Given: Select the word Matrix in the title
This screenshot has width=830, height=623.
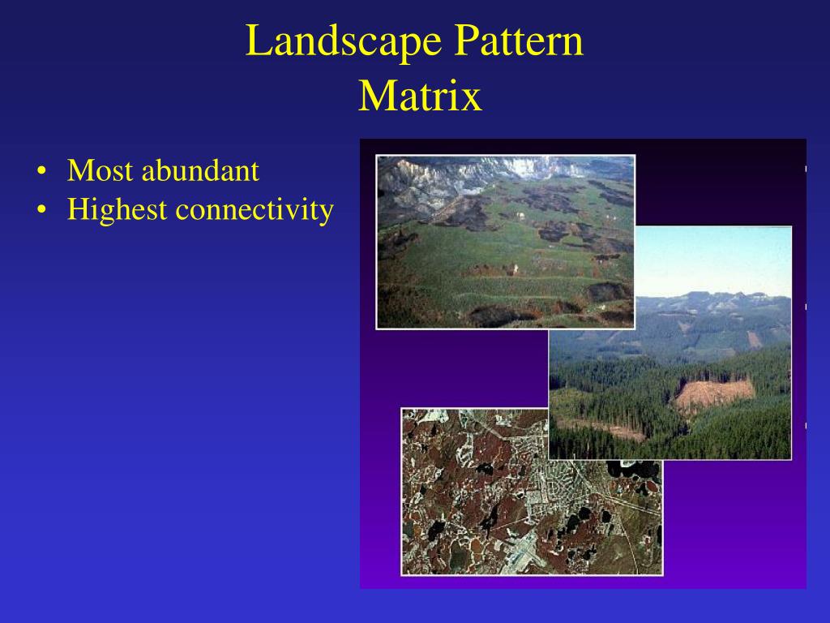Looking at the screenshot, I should click(420, 97).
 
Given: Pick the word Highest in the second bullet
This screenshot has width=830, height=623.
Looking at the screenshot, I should click(118, 210).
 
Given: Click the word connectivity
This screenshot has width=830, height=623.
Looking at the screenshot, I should click(255, 210).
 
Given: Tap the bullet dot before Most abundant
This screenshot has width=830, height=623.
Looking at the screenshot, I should click(41, 173).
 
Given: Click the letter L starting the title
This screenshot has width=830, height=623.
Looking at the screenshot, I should click(255, 42).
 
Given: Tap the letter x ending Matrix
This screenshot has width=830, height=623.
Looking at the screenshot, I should click(473, 98).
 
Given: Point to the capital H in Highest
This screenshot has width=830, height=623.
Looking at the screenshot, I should click(79, 210).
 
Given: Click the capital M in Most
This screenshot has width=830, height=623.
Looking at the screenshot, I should click(79, 171).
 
